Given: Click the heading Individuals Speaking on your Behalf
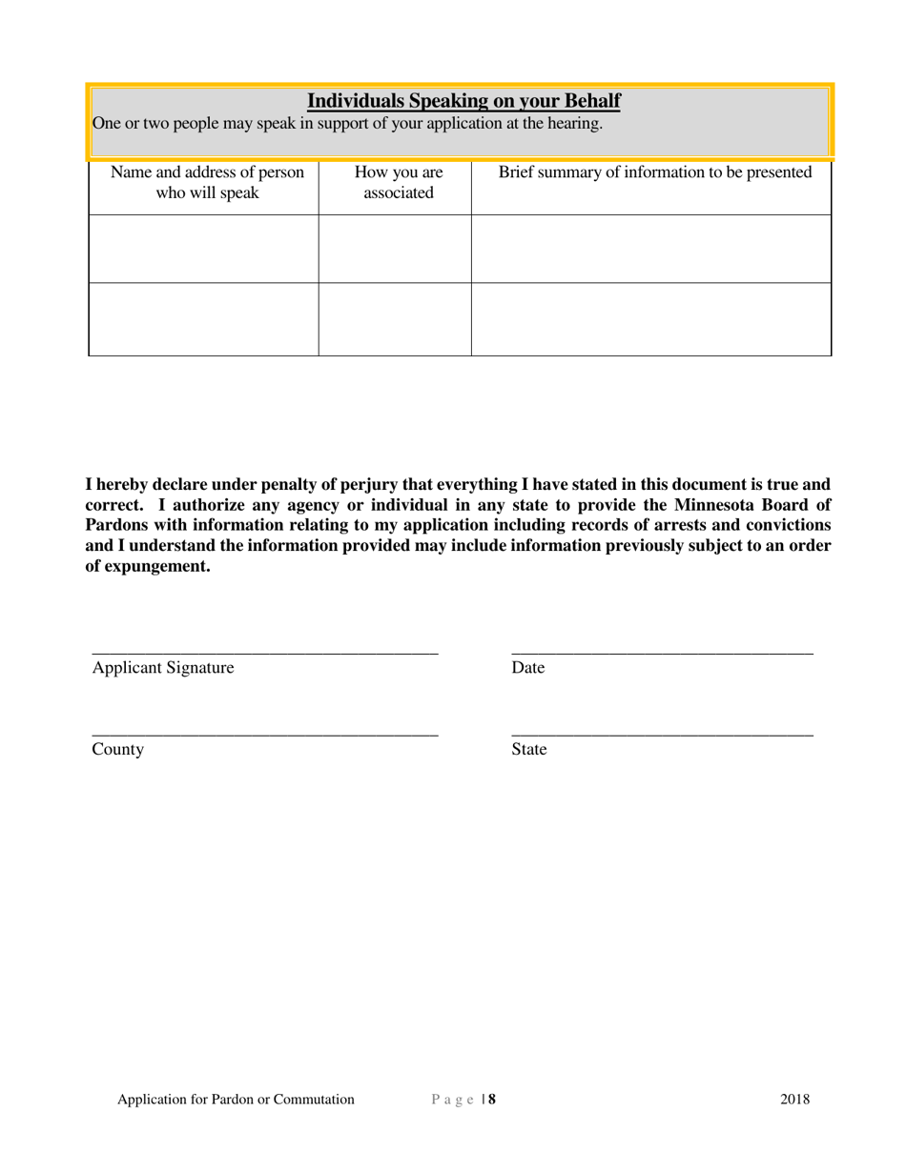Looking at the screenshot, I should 463,101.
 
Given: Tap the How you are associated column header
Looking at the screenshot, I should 398,183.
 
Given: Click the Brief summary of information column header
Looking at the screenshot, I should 655,172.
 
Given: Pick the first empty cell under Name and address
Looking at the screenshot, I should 203,249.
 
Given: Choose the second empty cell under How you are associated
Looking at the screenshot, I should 395,319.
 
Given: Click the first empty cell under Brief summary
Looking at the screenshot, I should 651,249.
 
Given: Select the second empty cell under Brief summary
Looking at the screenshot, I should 651,319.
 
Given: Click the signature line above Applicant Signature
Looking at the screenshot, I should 265,650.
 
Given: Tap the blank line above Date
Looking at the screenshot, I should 662,650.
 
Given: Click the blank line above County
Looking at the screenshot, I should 265,732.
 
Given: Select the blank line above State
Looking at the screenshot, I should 662,732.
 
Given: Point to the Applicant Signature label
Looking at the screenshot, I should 163,668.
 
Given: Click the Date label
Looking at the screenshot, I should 528,668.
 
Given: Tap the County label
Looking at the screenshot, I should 118,750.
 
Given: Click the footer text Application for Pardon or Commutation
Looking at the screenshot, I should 236,1100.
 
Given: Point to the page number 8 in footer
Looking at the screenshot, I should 492,1100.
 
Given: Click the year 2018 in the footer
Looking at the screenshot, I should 795,1100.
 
